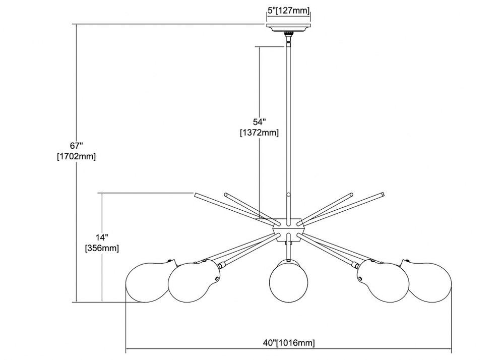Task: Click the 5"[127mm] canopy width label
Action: click(x=289, y=11)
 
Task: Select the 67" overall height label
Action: click(x=77, y=146)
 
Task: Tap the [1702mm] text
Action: click(x=77, y=156)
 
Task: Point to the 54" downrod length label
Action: click(x=260, y=122)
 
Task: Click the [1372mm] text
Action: click(x=260, y=133)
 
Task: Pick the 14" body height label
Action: click(x=102, y=237)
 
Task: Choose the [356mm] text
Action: click(x=102, y=248)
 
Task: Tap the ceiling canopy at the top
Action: click(x=289, y=28)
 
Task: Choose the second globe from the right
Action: click(x=383, y=281)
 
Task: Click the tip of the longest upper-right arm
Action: click(x=383, y=195)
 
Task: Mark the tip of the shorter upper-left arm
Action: click(x=226, y=195)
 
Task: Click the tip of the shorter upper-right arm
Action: click(x=351, y=195)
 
